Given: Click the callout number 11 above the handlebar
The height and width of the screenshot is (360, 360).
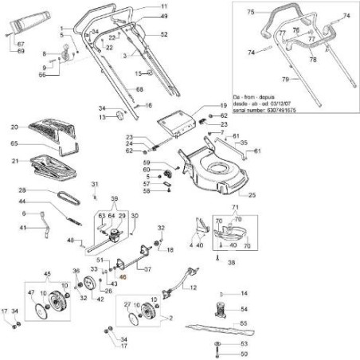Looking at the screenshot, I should pyautogui.click(x=164, y=6).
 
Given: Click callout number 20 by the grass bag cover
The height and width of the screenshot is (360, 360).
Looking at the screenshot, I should pyautogui.click(x=14, y=126).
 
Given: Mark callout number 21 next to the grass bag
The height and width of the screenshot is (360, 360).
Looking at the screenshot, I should pyautogui.click(x=14, y=162).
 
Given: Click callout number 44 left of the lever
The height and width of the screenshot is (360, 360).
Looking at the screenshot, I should pyautogui.click(x=24, y=202).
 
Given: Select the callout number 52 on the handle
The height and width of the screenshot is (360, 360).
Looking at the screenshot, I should pyautogui.click(x=164, y=36).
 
